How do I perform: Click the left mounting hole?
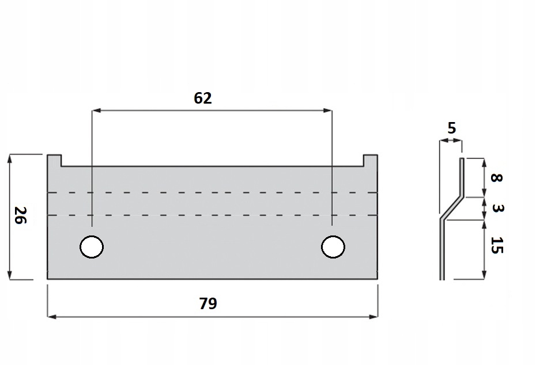tap(92, 247)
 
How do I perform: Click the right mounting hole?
tap(333, 247)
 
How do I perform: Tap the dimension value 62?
tap(202, 98)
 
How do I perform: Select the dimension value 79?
tap(207, 303)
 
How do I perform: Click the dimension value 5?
tap(452, 128)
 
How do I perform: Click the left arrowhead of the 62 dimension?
tap(96, 110)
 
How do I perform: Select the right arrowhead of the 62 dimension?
tap(329, 110)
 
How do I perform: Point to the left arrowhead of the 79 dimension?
tap(51, 316)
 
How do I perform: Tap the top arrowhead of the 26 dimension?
tap(10, 158)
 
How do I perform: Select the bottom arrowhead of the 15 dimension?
tap(484, 276)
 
